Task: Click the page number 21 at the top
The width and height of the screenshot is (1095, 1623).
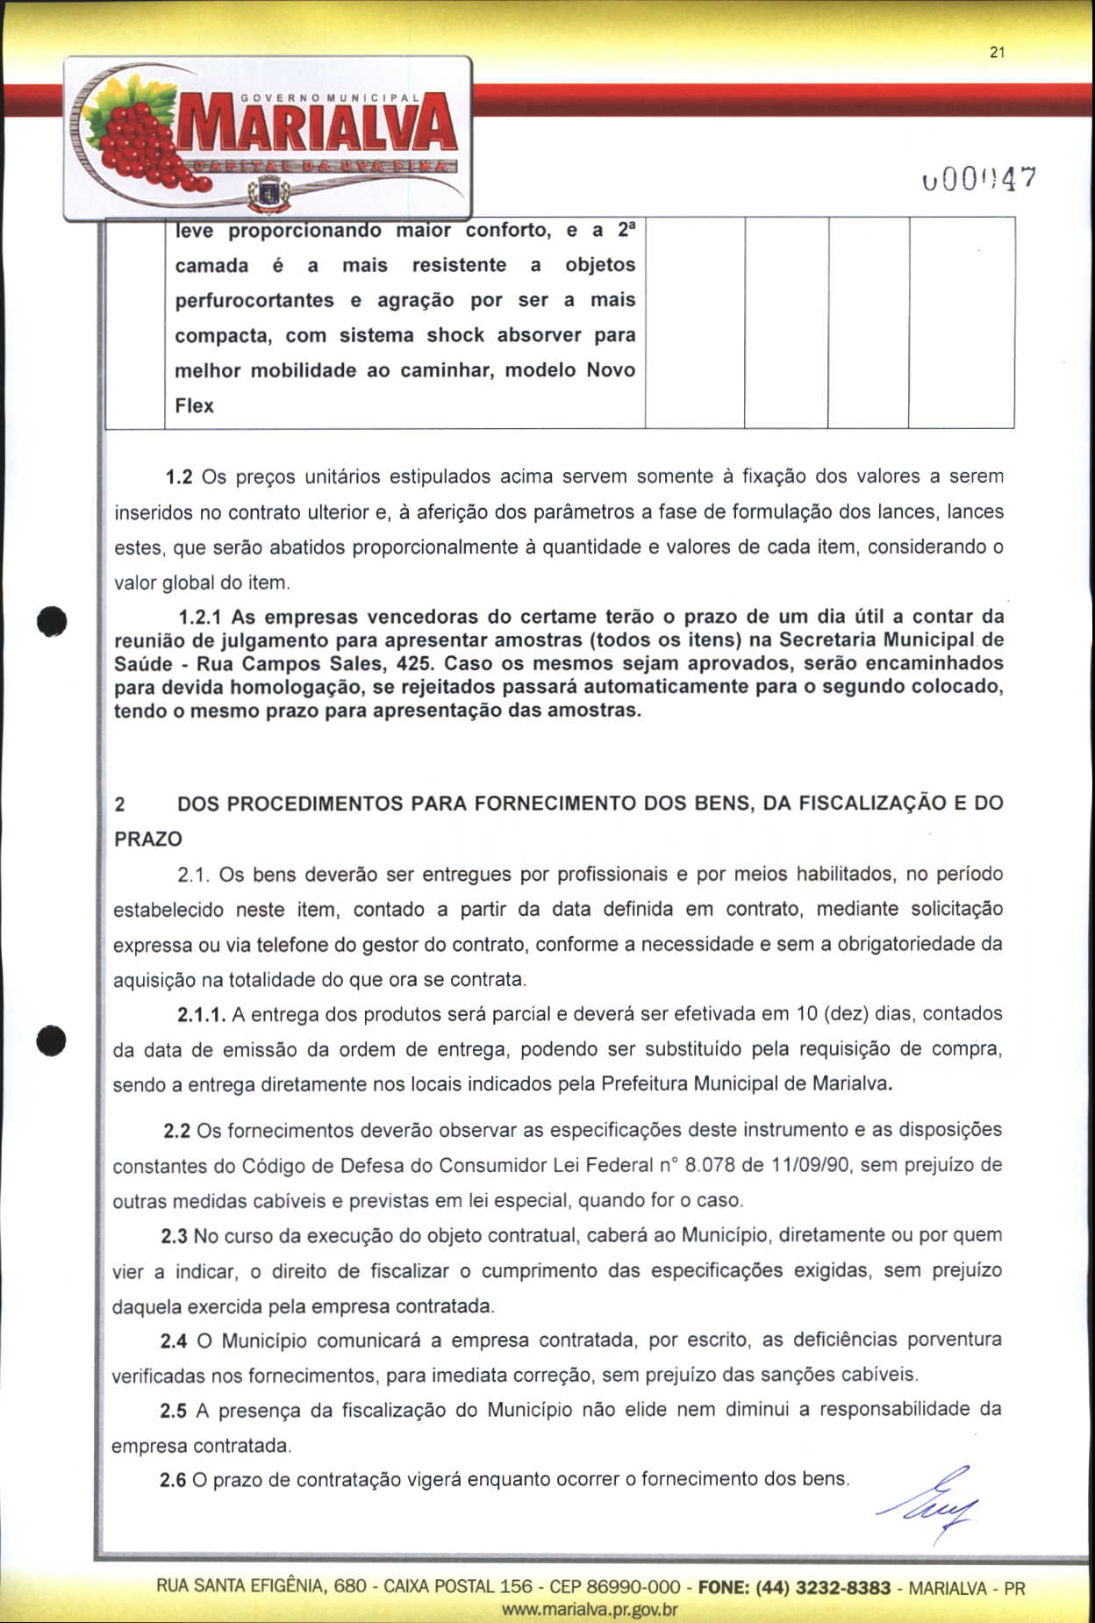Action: (x=996, y=53)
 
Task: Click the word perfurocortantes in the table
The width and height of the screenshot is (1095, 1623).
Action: (x=254, y=301)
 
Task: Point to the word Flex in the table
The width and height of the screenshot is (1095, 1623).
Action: (x=195, y=406)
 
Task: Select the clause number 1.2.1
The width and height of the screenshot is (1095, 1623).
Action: (x=198, y=617)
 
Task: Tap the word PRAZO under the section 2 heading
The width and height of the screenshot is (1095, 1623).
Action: (x=148, y=840)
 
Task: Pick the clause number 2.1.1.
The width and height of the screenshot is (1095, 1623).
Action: (x=202, y=1015)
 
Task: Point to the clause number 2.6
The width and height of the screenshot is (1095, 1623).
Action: (x=173, y=1481)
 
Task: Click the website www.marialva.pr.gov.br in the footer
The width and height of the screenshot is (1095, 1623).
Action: (x=590, y=1610)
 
